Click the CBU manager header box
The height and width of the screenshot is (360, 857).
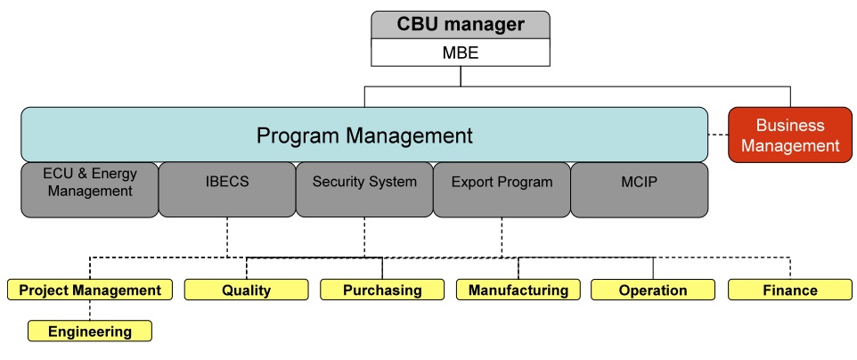pyautogui.click(x=461, y=25)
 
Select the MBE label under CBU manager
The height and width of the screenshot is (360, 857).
pyautogui.click(x=461, y=53)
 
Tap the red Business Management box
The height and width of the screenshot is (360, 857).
pyautogui.click(x=790, y=135)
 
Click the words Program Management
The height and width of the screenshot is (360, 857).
pyautogui.click(x=363, y=135)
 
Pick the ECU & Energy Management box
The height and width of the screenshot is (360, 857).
pyautogui.click(x=90, y=189)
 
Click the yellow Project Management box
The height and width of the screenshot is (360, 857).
pyautogui.click(x=90, y=290)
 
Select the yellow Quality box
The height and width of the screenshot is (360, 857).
pyautogui.click(x=246, y=290)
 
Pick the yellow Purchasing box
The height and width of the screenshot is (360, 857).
pyautogui.click(x=382, y=290)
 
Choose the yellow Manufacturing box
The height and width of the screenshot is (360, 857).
pyautogui.click(x=518, y=290)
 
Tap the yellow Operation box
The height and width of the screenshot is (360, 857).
pyautogui.click(x=653, y=290)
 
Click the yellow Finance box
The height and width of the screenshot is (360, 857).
pyautogui.click(x=790, y=290)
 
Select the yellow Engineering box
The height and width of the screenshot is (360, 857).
pyautogui.click(x=90, y=331)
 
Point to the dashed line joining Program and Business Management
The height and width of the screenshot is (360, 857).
pyautogui.click(x=718, y=135)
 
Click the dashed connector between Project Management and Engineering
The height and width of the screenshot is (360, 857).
pyautogui.click(x=90, y=310)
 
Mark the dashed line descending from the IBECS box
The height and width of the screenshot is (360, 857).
pyautogui.click(x=227, y=236)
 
